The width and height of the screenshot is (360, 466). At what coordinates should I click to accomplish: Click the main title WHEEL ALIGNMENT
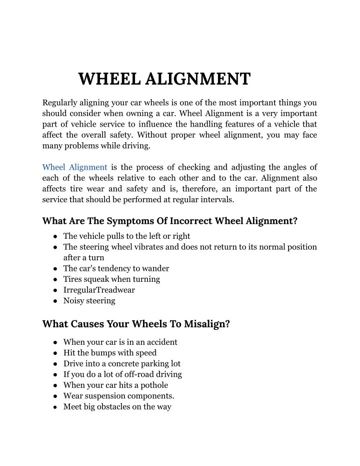164,79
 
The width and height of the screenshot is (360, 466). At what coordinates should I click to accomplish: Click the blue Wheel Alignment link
75,167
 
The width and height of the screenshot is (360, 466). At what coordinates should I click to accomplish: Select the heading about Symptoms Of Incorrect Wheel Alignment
170,221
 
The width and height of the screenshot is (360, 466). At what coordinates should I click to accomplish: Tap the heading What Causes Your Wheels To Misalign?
136,324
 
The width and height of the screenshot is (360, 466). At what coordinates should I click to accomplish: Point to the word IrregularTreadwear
99,290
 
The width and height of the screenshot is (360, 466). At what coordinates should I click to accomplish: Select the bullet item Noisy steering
89,301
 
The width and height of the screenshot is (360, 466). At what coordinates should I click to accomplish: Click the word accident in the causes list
160,342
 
